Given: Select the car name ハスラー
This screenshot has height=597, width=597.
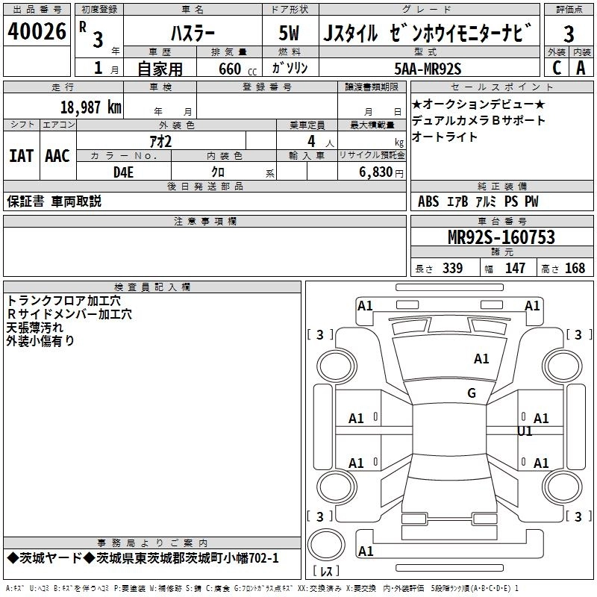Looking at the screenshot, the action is [193, 34].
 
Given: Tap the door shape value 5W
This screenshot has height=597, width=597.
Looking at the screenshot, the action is [290, 34].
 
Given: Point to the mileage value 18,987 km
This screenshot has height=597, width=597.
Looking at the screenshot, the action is [90, 107].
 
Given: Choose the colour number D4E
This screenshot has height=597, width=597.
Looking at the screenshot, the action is [123, 171].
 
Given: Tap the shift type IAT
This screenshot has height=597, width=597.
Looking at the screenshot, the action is [21, 156].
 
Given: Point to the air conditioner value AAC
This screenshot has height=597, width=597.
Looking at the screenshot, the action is [57, 156].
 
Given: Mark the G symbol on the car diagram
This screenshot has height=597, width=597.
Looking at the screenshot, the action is [472, 393].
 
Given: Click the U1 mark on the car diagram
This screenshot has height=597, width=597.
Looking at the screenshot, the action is [525, 431].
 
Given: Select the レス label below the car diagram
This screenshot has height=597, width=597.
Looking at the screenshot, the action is [327, 572].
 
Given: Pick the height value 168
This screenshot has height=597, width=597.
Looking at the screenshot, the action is [575, 269].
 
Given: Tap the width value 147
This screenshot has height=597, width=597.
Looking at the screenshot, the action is [515, 269].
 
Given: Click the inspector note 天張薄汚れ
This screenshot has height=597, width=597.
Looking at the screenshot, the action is [35, 328].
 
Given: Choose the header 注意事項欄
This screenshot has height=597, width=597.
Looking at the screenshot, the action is [205, 222].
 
